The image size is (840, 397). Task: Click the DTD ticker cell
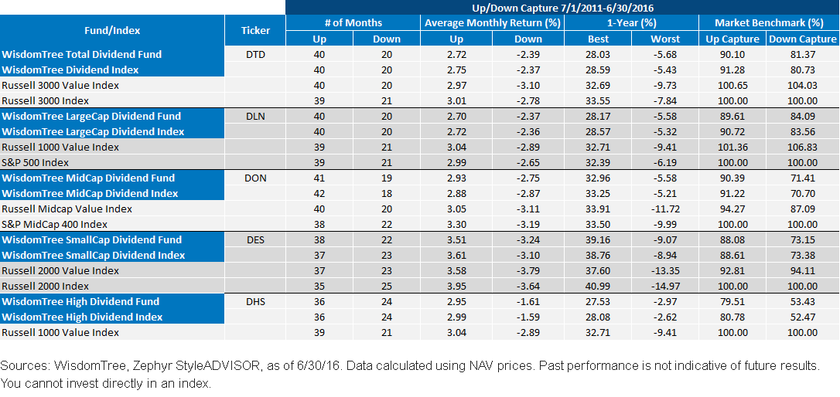click(x=255, y=55)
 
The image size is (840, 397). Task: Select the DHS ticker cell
click(x=255, y=302)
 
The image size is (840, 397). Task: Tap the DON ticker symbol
click(x=255, y=178)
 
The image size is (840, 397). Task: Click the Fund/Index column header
click(x=112, y=30)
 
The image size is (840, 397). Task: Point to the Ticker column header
click(x=255, y=30)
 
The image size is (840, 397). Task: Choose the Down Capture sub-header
click(x=803, y=39)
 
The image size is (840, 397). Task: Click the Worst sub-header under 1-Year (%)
click(x=665, y=39)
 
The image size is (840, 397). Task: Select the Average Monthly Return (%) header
click(x=493, y=22)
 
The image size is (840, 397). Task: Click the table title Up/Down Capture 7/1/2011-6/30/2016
click(x=562, y=8)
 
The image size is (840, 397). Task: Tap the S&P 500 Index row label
click(x=36, y=163)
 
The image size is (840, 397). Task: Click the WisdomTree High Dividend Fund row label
click(x=81, y=302)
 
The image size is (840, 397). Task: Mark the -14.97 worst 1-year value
click(x=665, y=287)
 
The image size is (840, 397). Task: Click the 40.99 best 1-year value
click(x=598, y=287)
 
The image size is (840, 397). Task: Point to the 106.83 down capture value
click(x=803, y=147)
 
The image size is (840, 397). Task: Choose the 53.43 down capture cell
click(x=803, y=302)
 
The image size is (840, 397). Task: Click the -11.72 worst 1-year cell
click(x=665, y=209)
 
